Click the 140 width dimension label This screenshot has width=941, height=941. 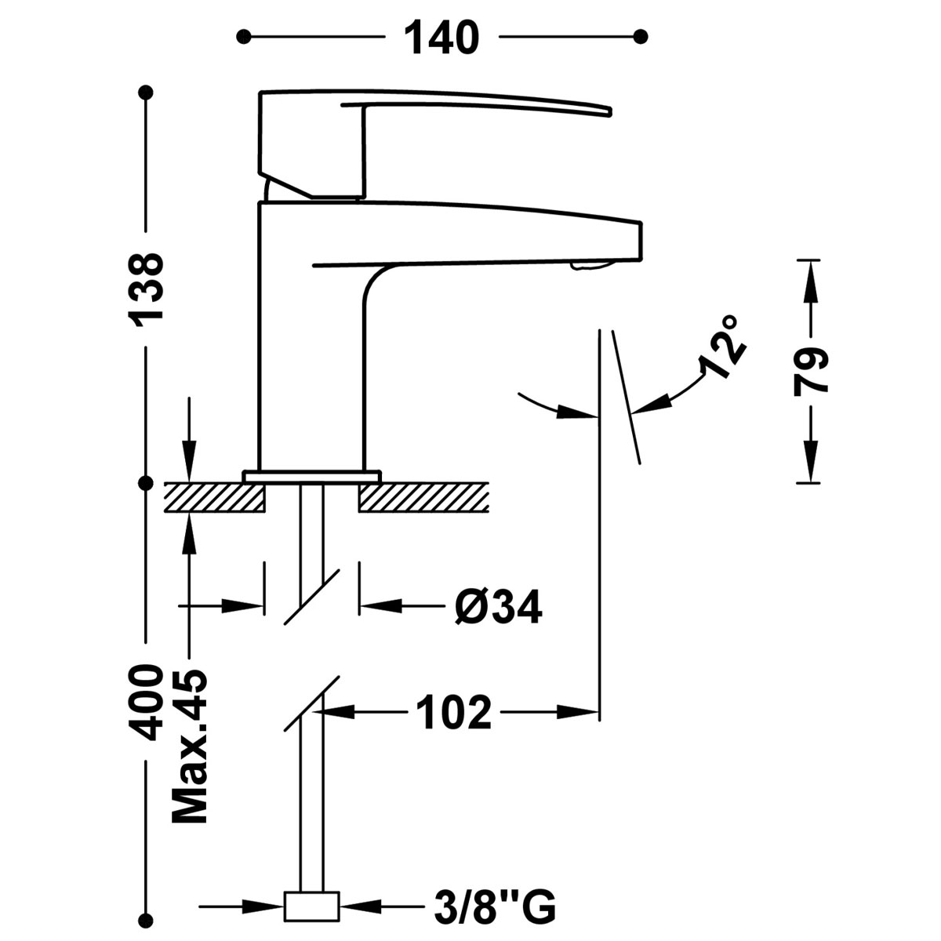[x=441, y=37]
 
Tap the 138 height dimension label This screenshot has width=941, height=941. [x=147, y=289]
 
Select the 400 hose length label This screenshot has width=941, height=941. [x=147, y=703]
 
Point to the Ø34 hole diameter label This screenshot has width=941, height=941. [x=497, y=607]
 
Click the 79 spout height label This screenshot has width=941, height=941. [x=809, y=372]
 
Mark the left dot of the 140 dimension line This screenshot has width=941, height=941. [x=245, y=36]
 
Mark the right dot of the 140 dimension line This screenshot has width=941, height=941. [x=641, y=36]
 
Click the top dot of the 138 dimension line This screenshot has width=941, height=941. [x=146, y=93]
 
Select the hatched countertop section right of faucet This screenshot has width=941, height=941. [x=423, y=498]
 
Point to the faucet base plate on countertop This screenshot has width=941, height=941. [x=311, y=475]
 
